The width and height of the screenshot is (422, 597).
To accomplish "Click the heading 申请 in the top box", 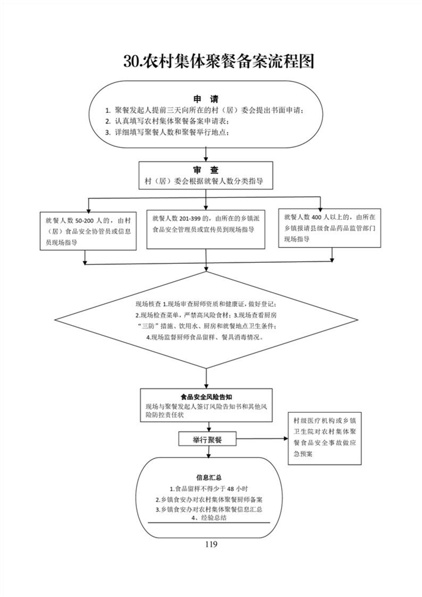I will [x=205, y=99].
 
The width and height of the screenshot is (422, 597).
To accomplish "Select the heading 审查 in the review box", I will [x=205, y=170].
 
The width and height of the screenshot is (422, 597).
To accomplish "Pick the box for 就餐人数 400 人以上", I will [x=330, y=228].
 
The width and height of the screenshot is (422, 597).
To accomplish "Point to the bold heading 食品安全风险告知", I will [x=205, y=397].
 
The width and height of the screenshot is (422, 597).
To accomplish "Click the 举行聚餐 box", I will [x=207, y=440].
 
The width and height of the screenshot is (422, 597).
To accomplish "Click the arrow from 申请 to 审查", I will [x=205, y=154].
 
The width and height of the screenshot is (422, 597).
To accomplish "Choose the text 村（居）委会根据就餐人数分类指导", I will [x=205, y=181].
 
